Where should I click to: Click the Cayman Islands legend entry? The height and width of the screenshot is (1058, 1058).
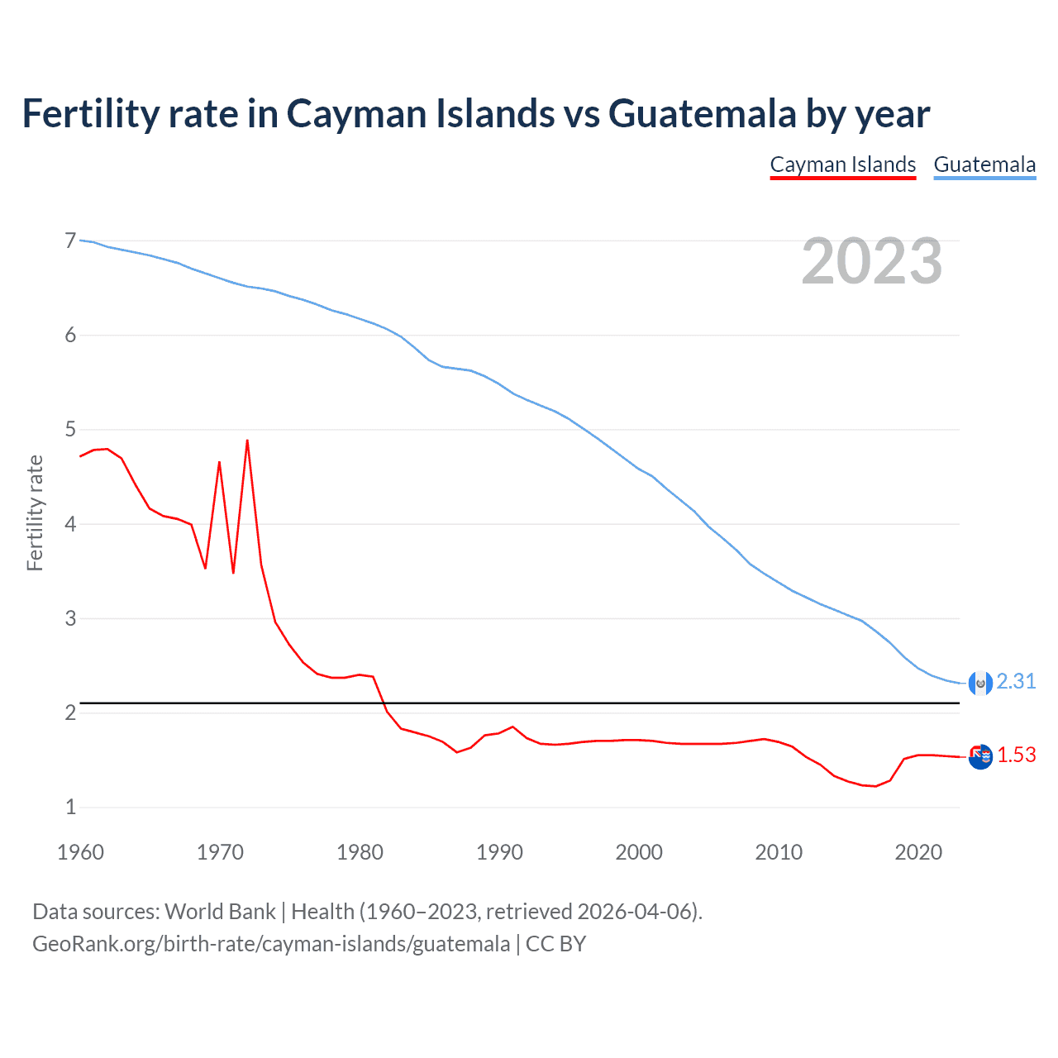842,164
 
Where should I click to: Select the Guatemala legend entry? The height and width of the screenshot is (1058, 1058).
984,164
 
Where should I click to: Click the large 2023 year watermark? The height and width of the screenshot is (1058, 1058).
871,261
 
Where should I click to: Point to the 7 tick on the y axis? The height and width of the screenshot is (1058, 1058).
70,241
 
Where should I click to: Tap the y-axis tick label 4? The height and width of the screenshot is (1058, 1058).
70,524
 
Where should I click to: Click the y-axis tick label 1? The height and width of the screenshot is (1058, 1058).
70,808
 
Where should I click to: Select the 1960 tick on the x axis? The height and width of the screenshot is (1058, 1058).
80,852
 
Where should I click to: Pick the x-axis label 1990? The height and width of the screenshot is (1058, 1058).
499,852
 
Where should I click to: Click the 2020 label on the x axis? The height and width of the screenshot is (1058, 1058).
918,852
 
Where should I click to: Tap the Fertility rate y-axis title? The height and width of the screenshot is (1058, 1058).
35,512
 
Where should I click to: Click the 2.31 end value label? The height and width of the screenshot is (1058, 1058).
1016,681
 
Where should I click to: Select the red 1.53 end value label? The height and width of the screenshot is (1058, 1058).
1016,755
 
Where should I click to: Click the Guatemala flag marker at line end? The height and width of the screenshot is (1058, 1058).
980,683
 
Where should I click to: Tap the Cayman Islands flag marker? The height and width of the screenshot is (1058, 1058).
980,756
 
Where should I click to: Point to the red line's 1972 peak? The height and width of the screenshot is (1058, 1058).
247,441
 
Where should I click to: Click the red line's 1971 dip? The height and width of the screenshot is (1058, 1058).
233,572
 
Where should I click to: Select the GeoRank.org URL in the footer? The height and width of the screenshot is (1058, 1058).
271,944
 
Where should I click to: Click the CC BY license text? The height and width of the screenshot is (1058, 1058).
555,944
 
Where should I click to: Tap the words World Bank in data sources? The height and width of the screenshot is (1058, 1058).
220,912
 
